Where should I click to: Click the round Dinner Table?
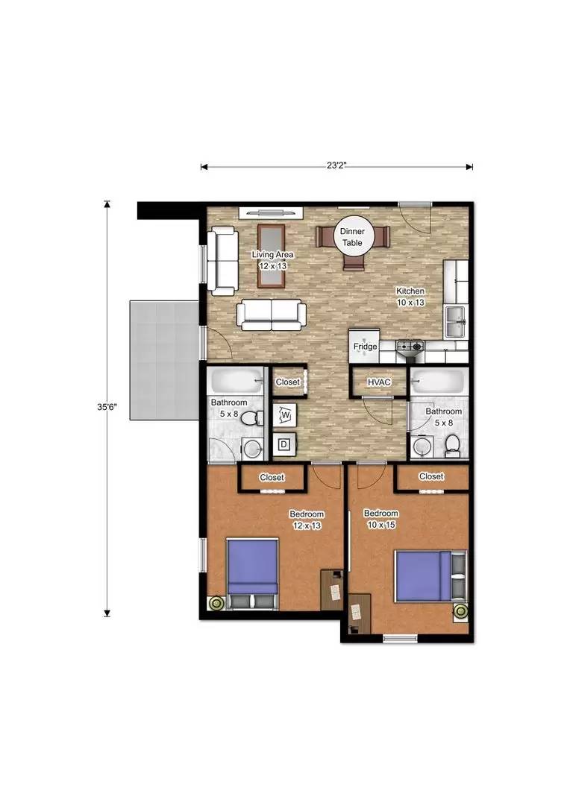[x=352, y=237]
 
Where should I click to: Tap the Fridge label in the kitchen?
[x=365, y=347]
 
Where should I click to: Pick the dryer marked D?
[x=284, y=445]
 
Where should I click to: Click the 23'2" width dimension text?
[x=336, y=166]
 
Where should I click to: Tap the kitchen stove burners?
[x=410, y=346]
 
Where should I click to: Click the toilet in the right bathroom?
[x=451, y=446]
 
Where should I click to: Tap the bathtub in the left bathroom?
[x=237, y=382]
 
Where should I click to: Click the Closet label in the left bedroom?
[x=272, y=478]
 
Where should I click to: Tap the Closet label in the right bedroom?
[x=431, y=476]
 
